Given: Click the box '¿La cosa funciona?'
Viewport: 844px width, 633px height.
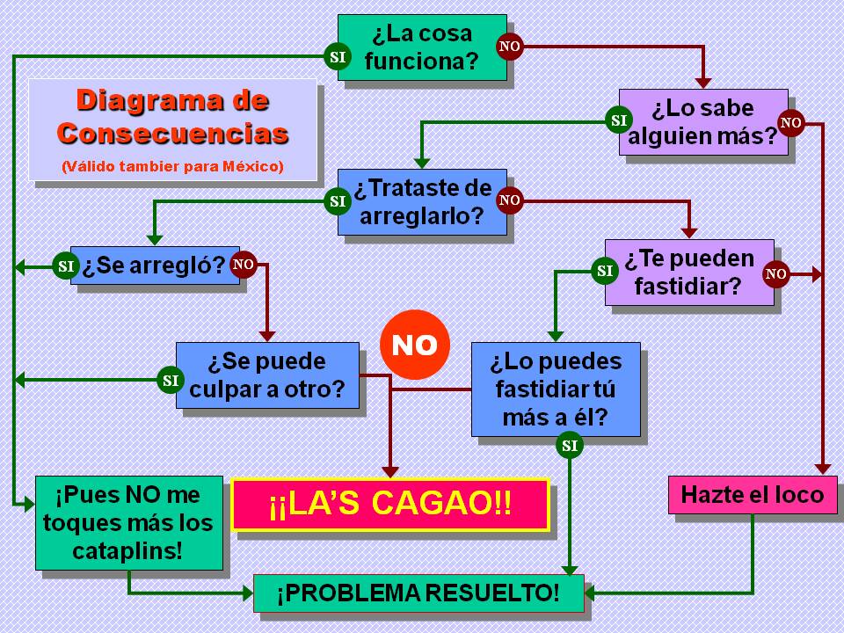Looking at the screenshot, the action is click(x=422, y=47).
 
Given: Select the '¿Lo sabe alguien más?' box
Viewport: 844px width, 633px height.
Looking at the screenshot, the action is click(x=703, y=122).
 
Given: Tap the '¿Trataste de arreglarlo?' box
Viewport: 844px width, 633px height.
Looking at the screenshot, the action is click(x=422, y=202).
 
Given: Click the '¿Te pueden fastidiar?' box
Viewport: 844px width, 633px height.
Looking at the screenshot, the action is click(x=689, y=272).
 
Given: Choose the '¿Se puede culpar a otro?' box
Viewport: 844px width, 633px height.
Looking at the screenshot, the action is click(x=267, y=375).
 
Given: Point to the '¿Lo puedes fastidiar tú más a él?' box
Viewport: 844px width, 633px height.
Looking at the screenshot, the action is click(x=556, y=389).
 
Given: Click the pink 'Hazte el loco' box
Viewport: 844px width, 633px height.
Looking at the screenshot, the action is click(x=752, y=494).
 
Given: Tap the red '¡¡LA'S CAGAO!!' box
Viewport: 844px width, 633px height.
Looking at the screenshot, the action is click(x=389, y=505).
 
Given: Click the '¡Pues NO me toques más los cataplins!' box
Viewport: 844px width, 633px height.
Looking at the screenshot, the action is click(x=128, y=523).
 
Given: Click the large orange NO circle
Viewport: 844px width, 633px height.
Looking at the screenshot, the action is click(x=414, y=345).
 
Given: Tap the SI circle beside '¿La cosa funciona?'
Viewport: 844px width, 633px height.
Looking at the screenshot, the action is click(x=338, y=57).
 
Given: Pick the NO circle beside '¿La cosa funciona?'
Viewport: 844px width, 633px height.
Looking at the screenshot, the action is click(x=510, y=46).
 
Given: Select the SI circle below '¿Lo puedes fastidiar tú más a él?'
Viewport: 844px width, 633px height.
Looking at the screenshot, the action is click(x=570, y=446).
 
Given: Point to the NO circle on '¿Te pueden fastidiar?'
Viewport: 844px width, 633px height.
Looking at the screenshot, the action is click(x=775, y=274).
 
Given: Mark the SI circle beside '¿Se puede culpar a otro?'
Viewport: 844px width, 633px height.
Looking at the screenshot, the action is click(x=170, y=380).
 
